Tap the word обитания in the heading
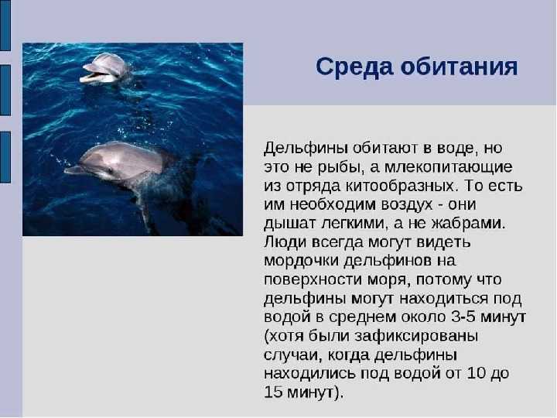pos(460,67)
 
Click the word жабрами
pos(468,224)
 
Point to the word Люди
pos(285,242)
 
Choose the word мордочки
pos(302,261)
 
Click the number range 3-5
pos(463,317)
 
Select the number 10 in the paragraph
pos(477,373)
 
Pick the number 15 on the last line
pos(274,392)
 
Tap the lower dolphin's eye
pos(111,170)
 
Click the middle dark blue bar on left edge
pos(5,91)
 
